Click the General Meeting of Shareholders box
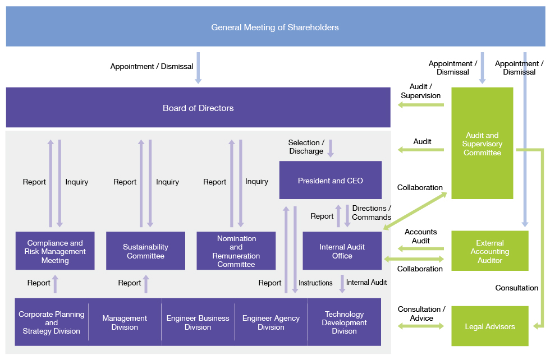[x=276, y=26]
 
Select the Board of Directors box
[x=198, y=107]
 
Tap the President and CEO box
[x=331, y=180]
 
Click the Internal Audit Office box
[x=342, y=251]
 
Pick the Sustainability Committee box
[x=145, y=251]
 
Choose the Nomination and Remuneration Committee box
[x=236, y=251]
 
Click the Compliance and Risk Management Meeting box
[x=55, y=251]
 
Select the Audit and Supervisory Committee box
[x=482, y=143]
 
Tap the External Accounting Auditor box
[x=489, y=251]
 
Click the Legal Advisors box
[x=489, y=326]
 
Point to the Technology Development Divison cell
[x=345, y=322]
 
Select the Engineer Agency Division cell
[x=271, y=322]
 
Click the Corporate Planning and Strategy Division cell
[x=52, y=322]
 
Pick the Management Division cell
[x=125, y=322]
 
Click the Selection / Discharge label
[x=306, y=147]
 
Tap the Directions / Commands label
[x=372, y=213]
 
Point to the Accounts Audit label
[x=420, y=236]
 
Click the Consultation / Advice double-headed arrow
[x=421, y=326]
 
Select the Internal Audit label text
[x=366, y=282]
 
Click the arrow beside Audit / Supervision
[x=421, y=104]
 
